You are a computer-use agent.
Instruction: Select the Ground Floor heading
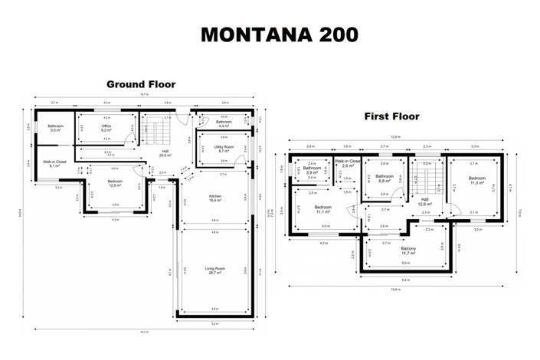tap(140, 84)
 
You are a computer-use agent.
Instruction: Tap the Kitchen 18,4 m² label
tap(214, 198)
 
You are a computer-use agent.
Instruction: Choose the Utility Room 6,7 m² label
tap(224, 149)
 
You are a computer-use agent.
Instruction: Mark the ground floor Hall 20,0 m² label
tap(165, 152)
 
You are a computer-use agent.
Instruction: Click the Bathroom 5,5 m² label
tap(56, 128)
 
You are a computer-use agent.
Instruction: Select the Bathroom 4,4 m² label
tap(223, 124)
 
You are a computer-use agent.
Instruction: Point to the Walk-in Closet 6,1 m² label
tap(54, 164)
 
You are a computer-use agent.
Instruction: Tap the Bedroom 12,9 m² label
tap(115, 183)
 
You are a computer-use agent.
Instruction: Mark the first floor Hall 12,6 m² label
tap(425, 202)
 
